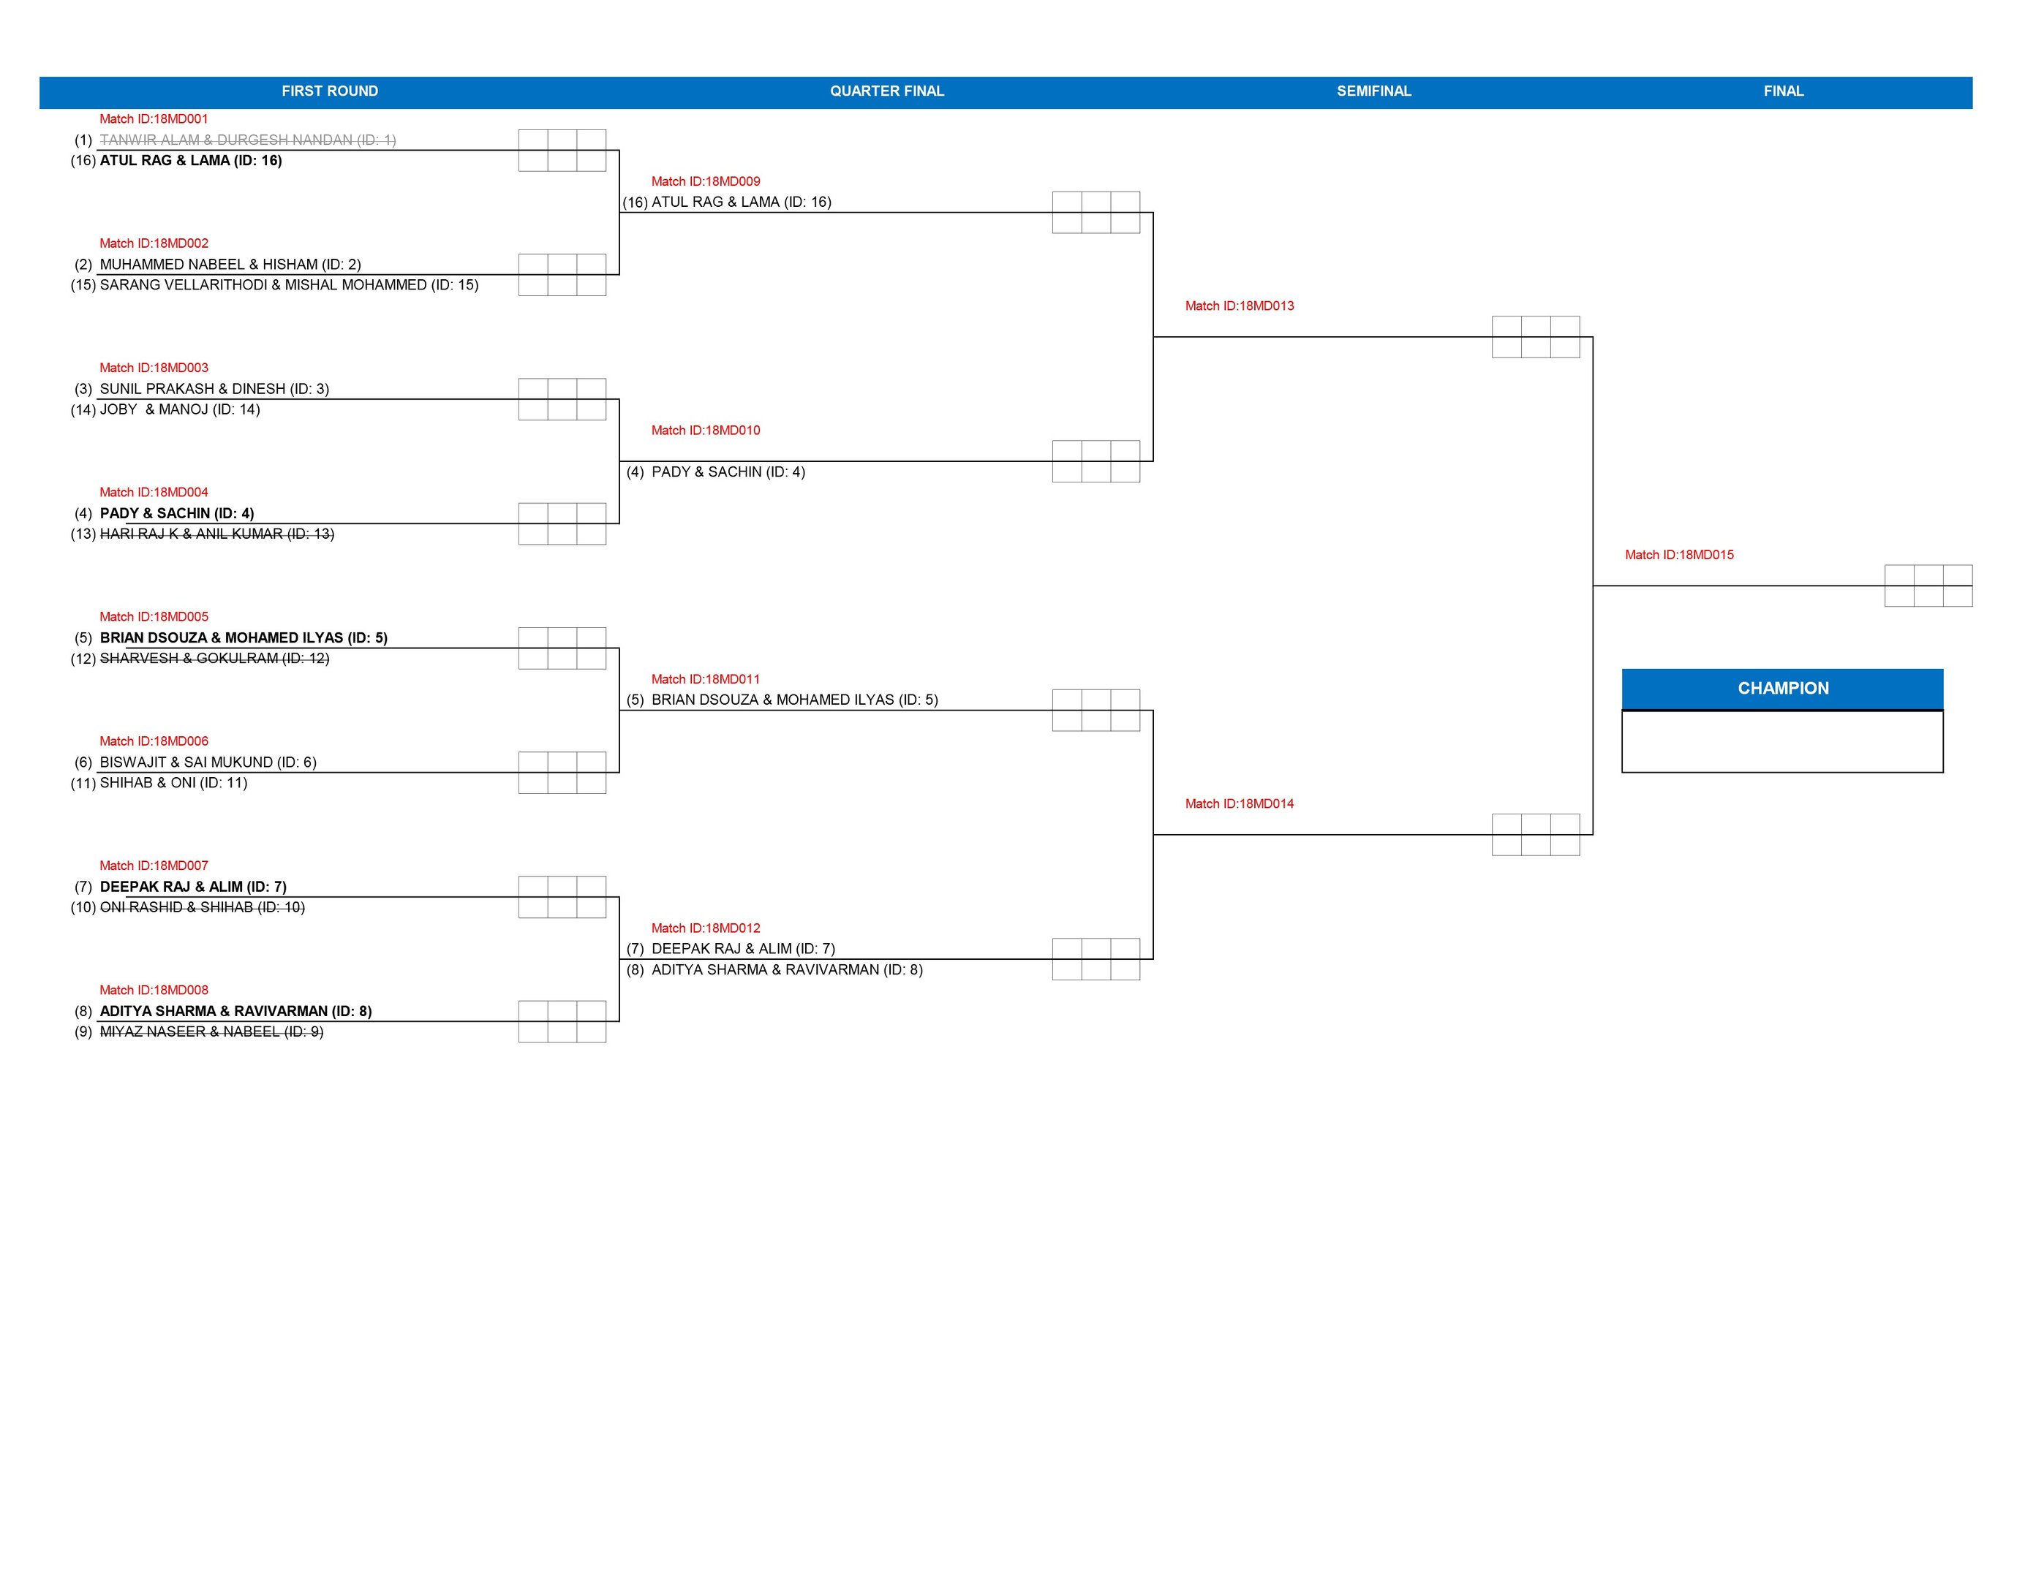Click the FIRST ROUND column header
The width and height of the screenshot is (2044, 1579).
[329, 91]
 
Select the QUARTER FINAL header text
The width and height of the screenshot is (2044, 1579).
[886, 91]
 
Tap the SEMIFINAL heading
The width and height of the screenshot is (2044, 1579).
[1373, 91]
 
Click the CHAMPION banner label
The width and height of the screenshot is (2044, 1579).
[1782, 689]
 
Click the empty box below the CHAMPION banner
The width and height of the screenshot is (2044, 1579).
[1782, 742]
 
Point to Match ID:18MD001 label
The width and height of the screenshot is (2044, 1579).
[154, 119]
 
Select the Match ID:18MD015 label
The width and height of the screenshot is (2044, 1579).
[1679, 555]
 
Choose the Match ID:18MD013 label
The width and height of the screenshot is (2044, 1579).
[1239, 306]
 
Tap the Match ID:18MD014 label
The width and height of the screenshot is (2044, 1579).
[1239, 803]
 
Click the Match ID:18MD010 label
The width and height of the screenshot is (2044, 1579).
[706, 431]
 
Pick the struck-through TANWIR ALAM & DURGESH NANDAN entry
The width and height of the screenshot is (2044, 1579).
[248, 140]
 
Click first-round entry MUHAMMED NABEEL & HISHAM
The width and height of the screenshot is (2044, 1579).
[230, 265]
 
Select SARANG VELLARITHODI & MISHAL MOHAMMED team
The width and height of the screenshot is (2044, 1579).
[289, 285]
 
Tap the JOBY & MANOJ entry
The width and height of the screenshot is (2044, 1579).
[180, 409]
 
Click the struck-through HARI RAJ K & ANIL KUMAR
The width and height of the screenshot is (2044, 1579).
[217, 534]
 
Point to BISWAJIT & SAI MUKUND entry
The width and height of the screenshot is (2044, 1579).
[208, 762]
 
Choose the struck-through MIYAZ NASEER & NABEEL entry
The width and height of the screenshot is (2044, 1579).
[211, 1031]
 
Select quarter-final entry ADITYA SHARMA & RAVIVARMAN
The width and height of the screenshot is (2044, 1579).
[787, 970]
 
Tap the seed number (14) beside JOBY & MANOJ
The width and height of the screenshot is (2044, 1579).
[83, 409]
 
